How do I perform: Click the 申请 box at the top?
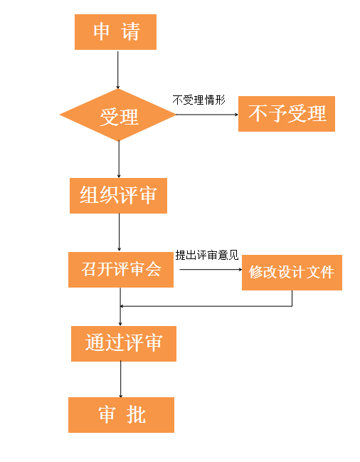pos(115,32)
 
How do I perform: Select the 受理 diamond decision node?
pos(117,115)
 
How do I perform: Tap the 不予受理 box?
pos(287,114)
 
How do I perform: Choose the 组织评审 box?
pos(118,196)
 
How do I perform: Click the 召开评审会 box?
pos(121,270)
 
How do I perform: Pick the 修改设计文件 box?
pos(292,273)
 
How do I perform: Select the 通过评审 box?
pos(124,344)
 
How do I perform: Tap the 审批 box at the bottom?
pos(121,415)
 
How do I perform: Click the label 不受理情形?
pos(198,100)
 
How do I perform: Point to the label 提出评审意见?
pos(207,255)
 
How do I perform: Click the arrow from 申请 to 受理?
pos(117,70)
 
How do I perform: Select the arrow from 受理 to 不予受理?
pos(207,115)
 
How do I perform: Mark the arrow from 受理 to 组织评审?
pos(119,159)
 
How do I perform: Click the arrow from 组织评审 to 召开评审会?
pos(120,233)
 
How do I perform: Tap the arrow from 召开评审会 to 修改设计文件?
pos(211,269)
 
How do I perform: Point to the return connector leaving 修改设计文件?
pos(206,306)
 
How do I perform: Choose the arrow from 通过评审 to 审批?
pos(121,379)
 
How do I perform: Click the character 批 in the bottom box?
pos(136,415)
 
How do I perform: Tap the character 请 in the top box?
pos(129,31)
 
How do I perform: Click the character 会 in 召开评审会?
pos(154,269)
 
